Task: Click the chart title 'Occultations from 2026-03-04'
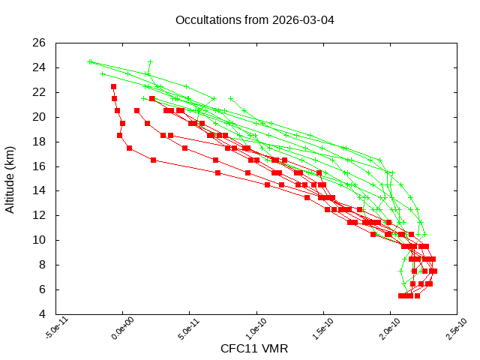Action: (254, 19)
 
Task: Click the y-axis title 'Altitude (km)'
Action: (10, 178)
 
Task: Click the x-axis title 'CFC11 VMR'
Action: (254, 349)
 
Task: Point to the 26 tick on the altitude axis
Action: (40, 43)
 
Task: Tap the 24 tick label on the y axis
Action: (40, 67)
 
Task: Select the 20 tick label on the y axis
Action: (40, 117)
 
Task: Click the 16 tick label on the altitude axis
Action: (40, 166)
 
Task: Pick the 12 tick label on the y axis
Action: (40, 215)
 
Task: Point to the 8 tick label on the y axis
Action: (43, 265)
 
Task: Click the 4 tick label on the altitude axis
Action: (43, 314)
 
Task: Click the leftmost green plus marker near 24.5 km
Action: (90, 61)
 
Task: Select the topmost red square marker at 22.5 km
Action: (113, 86)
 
